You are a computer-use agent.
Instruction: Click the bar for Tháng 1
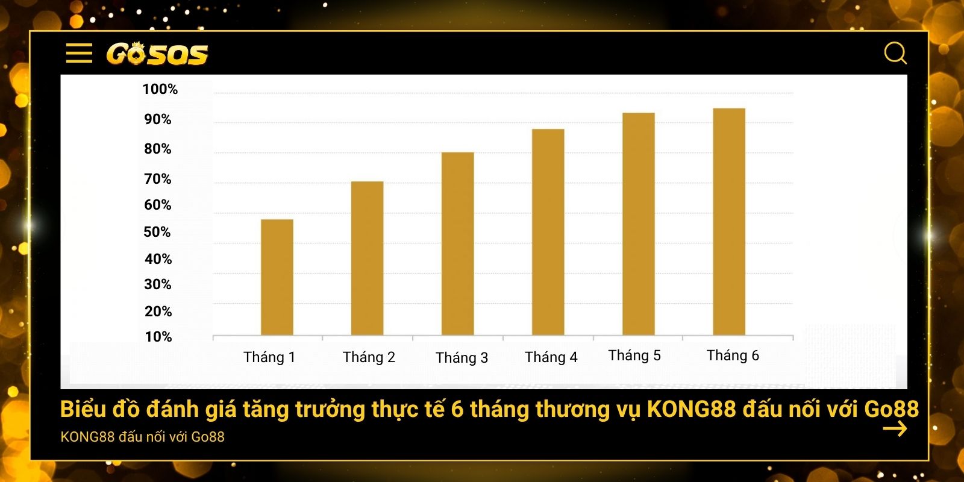[x=277, y=277]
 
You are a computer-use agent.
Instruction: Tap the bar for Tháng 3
[x=458, y=243]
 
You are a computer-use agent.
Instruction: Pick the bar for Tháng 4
[x=548, y=232]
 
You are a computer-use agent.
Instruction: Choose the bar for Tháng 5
[x=639, y=224]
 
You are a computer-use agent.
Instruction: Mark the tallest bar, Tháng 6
[x=729, y=222]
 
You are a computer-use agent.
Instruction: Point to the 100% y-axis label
[x=160, y=89]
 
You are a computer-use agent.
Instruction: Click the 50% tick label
[x=157, y=232]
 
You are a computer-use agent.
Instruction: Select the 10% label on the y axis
[x=158, y=337]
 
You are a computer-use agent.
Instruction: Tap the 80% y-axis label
[x=158, y=149]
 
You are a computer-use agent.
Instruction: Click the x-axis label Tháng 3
[x=462, y=358]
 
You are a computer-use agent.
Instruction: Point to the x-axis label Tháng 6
[x=733, y=355]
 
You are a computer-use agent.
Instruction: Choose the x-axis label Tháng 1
[x=269, y=357]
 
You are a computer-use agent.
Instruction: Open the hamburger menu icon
[x=79, y=53]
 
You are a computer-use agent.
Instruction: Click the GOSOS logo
[x=157, y=54]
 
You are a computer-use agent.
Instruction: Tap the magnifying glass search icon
[x=895, y=53]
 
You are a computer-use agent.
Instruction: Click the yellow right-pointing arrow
[x=895, y=429]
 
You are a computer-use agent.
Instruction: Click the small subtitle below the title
[x=143, y=437]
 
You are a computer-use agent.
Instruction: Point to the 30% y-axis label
[x=158, y=284]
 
